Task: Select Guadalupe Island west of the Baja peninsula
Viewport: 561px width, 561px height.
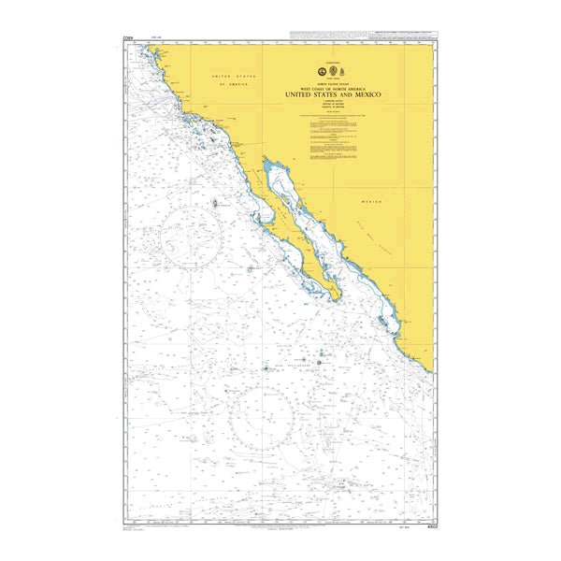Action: (217, 203)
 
